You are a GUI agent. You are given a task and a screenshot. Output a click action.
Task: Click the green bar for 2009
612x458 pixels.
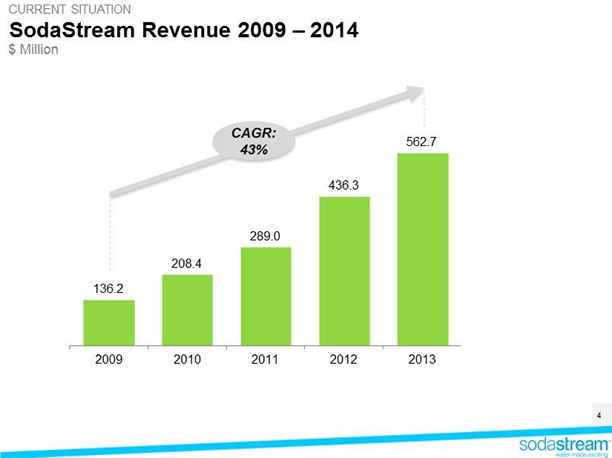point(109,322)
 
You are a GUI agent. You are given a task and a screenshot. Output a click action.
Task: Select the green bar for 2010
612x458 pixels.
point(187,310)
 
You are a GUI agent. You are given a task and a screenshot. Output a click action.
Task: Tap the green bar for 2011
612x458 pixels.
point(266,296)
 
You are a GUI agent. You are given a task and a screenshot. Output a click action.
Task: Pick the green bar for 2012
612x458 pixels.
point(344,271)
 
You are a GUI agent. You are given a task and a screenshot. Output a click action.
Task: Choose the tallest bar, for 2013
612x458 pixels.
point(423,249)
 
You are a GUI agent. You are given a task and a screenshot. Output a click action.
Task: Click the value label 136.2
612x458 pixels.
point(109,289)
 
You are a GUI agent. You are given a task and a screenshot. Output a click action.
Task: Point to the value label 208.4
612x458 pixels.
point(187,263)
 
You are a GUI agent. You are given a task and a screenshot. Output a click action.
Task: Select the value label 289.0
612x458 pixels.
point(266,236)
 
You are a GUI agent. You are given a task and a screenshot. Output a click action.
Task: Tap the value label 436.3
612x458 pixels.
point(344,185)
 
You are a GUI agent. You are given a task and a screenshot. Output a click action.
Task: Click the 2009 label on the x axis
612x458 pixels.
point(109,359)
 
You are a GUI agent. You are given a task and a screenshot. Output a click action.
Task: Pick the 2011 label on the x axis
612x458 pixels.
point(266,359)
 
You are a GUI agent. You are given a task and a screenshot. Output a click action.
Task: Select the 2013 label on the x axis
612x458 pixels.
point(423,359)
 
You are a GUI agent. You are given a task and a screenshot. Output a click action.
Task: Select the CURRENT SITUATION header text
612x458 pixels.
point(69,10)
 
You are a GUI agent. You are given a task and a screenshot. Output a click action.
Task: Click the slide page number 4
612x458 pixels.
point(599,415)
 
